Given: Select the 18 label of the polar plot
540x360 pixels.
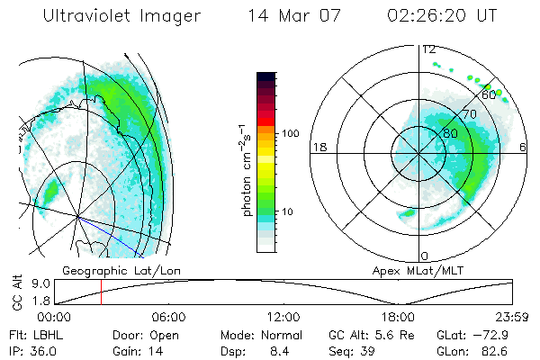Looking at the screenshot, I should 318,147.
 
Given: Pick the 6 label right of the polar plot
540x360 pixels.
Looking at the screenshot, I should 524,147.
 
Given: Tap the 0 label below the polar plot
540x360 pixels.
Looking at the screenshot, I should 425,256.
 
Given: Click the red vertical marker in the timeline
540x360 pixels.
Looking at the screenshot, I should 101,292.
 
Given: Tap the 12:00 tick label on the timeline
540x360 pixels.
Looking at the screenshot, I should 283,317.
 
